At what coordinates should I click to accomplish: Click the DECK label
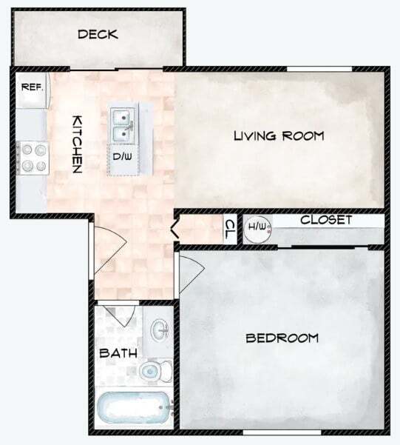(x=98, y=35)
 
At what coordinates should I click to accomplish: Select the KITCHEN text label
(x=76, y=144)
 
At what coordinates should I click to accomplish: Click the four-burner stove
(x=32, y=157)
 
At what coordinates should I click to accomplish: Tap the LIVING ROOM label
(x=279, y=135)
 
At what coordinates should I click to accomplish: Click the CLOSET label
(x=325, y=221)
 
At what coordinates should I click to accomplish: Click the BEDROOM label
(x=282, y=338)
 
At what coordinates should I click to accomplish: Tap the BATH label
(x=118, y=353)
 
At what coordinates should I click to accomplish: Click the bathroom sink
(x=158, y=330)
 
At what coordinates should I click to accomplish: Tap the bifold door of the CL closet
(x=176, y=226)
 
